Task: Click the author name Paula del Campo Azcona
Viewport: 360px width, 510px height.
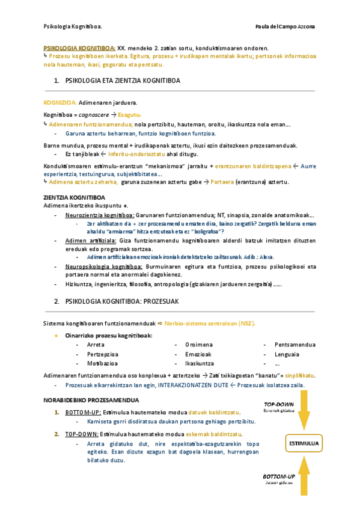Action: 289,27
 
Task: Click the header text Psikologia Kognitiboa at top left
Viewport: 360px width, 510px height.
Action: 73,27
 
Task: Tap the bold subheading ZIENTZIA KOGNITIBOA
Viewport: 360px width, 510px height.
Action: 75,197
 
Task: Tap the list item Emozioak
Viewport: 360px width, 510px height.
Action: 198,354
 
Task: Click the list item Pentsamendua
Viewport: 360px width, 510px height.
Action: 294,345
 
